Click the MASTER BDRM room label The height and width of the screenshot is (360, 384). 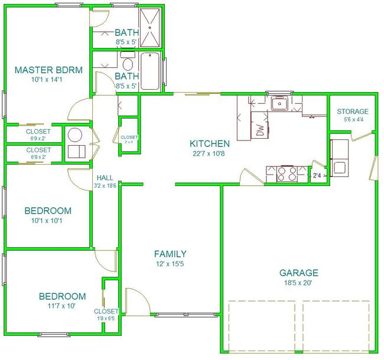coord(48,70)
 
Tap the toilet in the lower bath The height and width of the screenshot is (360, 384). coord(128,63)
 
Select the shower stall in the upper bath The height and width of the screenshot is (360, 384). coord(149,27)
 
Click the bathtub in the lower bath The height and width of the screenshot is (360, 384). coord(149,71)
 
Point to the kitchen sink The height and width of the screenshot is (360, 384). coord(280,103)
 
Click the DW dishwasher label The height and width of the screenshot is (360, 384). coord(261,130)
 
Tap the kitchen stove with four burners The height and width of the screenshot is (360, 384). coord(287,174)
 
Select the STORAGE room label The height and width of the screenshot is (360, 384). coord(353,112)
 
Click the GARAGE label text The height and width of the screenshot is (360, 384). coord(299,273)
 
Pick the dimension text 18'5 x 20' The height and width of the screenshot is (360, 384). coord(298,283)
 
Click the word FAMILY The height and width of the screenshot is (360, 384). coord(170,254)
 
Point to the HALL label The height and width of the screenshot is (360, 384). coord(105,178)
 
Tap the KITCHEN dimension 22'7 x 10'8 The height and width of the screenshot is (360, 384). coord(209,154)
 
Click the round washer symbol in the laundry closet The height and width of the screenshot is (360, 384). coord(74,135)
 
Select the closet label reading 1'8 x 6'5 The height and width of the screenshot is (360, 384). coord(106,319)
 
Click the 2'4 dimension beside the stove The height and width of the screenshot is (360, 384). coord(317,175)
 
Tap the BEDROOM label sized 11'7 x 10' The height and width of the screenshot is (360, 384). coord(63,296)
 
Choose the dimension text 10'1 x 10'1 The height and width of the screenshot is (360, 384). coord(47,221)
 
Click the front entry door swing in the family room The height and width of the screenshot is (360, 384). coord(137,302)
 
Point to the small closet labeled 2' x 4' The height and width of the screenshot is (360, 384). coord(129,137)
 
